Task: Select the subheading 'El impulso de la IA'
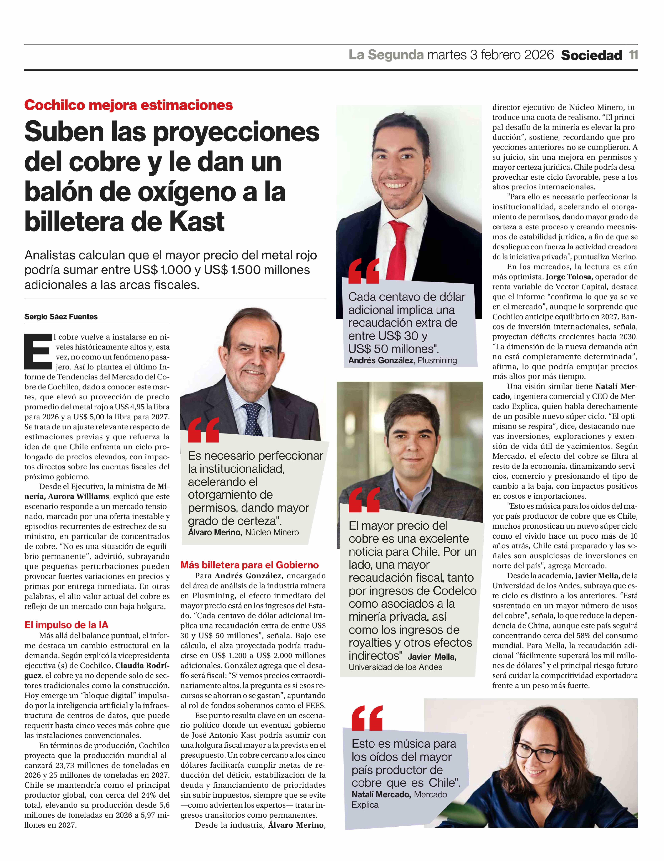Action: click(x=66, y=625)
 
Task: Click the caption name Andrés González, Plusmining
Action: click(x=402, y=360)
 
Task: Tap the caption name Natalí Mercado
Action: click(x=381, y=794)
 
